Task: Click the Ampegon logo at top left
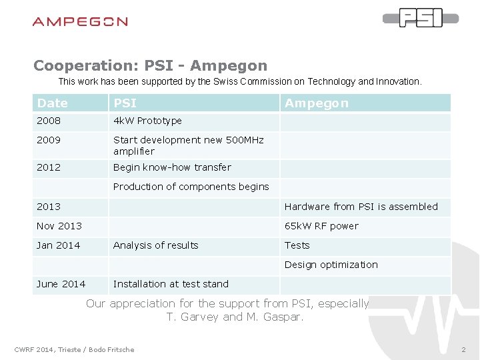tap(80, 21)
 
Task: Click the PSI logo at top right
tap(421, 18)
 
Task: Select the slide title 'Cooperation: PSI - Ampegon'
tap(150, 65)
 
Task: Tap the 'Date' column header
tap(53, 103)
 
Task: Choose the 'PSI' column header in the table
tap(125, 103)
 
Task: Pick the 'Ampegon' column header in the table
tap(317, 103)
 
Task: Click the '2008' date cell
tap(49, 121)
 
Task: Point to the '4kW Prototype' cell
tap(147, 121)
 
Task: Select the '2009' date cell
tap(49, 140)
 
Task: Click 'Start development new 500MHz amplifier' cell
tap(188, 145)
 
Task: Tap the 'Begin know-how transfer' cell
tap(172, 167)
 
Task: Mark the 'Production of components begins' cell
tap(191, 187)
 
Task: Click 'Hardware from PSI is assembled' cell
tap(361, 207)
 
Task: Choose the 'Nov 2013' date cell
tap(59, 226)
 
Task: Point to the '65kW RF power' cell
tap(321, 226)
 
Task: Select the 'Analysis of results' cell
tap(156, 245)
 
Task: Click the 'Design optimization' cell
tap(331, 265)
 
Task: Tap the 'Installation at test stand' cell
tap(171, 284)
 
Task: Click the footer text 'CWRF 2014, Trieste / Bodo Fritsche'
tap(74, 349)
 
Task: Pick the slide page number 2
tap(463, 349)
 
